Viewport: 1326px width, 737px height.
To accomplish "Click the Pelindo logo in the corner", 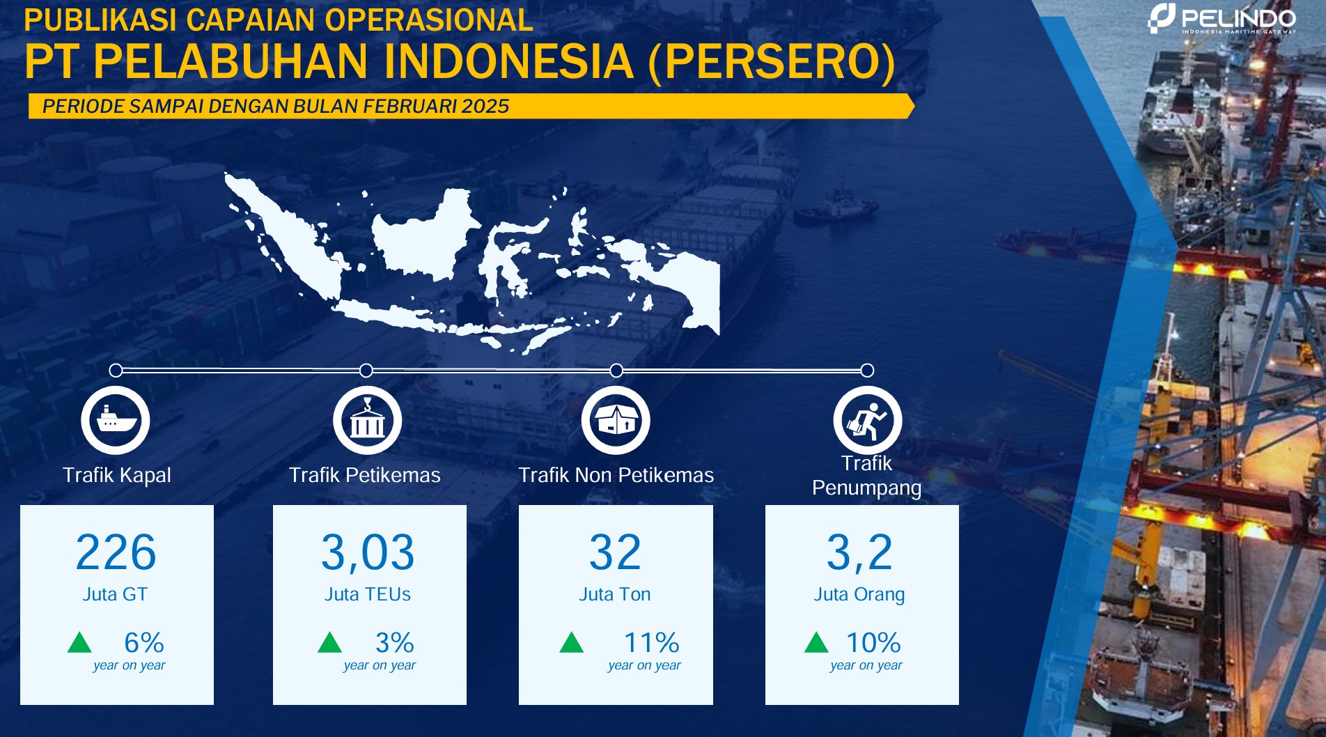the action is point(1222,19).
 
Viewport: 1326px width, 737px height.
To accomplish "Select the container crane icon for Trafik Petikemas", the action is point(367,420).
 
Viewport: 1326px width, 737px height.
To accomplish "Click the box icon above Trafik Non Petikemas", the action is point(616,420).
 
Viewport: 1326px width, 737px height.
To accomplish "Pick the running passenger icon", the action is point(867,420).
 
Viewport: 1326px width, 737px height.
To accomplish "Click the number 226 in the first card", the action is point(116,552).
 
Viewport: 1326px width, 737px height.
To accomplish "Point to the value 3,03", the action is point(368,552).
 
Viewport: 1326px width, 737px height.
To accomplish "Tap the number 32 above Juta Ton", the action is point(615,552).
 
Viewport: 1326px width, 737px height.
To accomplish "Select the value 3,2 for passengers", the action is point(859,552).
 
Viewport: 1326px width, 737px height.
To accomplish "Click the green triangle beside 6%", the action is point(79,642).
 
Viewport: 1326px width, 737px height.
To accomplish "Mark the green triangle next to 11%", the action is point(571,642).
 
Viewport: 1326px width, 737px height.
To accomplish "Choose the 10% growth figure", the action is point(873,642).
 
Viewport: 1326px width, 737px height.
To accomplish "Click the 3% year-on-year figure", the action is point(394,642).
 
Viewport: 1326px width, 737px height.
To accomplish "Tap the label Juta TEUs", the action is point(368,594).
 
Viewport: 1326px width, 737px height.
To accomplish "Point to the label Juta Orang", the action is point(859,595).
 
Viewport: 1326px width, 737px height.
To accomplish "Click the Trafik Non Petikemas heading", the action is point(616,475).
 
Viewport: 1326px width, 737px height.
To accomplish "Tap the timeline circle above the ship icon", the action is point(116,370).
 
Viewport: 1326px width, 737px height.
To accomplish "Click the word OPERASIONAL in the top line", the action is point(429,20).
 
